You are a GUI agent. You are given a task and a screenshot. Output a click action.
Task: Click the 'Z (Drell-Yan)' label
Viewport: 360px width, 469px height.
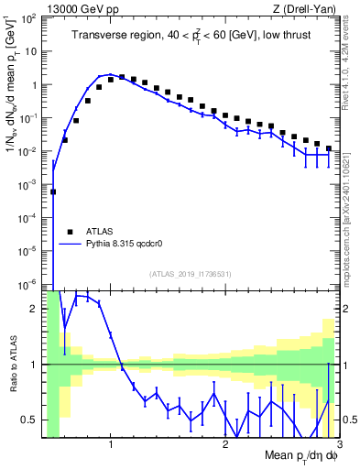click(306, 8)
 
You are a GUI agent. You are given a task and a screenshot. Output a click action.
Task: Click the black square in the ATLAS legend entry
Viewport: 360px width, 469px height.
click(70, 232)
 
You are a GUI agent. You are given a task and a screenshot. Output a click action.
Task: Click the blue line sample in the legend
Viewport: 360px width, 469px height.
click(71, 245)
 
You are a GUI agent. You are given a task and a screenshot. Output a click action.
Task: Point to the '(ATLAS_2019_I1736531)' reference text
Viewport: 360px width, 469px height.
click(191, 275)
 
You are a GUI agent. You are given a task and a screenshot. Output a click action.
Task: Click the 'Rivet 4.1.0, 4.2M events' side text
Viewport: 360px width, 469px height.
click(349, 60)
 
